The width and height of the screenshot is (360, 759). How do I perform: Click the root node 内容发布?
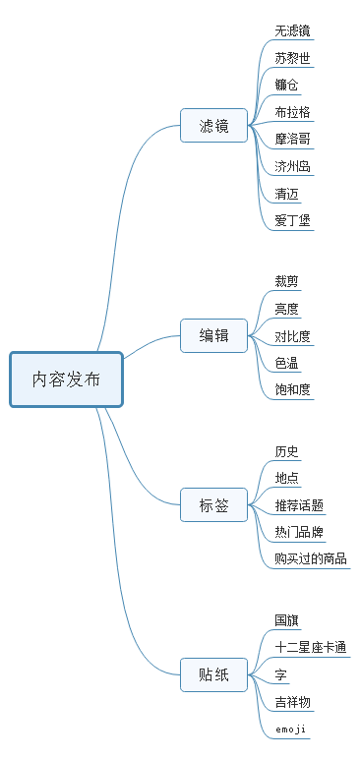tap(66, 379)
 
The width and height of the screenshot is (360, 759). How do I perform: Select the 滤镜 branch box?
tap(213, 126)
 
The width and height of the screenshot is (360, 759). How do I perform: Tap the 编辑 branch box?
tap(213, 336)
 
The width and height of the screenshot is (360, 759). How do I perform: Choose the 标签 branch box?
tap(213, 506)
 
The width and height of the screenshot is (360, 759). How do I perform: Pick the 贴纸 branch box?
tap(213, 674)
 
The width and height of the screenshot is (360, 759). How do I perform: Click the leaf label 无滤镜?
tap(293, 31)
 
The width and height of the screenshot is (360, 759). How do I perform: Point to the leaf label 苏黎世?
tap(293, 58)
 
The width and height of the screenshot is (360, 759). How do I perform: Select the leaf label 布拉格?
tap(293, 112)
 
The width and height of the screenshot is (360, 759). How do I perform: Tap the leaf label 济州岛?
tap(293, 166)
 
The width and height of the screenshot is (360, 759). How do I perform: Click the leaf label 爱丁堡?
tap(293, 220)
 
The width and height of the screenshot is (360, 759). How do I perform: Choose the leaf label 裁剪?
tap(287, 282)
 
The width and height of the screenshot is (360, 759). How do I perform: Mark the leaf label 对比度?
tap(293, 336)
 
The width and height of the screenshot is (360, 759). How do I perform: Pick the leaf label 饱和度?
tap(293, 390)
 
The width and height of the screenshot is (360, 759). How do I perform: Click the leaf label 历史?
tap(287, 452)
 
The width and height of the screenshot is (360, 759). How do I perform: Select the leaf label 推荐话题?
tap(299, 506)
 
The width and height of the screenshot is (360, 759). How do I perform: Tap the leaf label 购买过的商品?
tap(311, 559)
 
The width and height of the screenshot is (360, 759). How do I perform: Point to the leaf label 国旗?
tap(287, 621)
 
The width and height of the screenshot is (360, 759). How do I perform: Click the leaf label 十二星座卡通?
tap(311, 648)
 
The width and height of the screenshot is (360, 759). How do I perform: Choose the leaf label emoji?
tap(291, 730)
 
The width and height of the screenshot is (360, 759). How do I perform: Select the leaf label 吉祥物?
tap(293, 702)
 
